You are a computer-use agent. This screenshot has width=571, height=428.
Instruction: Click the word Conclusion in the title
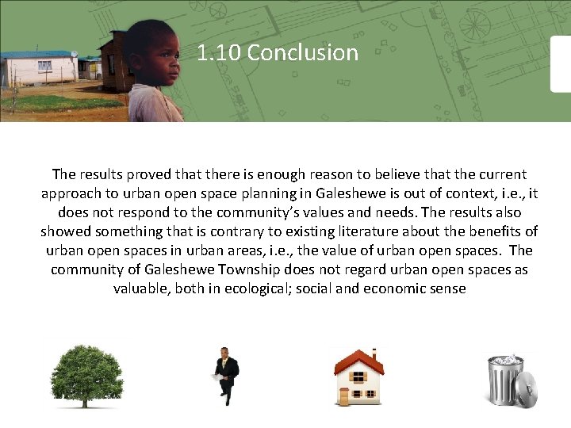point(302,53)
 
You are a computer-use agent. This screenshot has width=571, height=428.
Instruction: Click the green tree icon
point(87,376)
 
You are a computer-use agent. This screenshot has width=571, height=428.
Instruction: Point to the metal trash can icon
point(508,379)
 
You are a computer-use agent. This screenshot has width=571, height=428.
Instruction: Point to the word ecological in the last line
point(244,289)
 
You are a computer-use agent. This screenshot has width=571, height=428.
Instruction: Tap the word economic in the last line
point(396,289)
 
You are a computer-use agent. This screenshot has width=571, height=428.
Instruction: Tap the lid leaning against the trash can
point(525,389)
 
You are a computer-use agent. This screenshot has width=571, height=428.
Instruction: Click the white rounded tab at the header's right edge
point(561,63)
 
